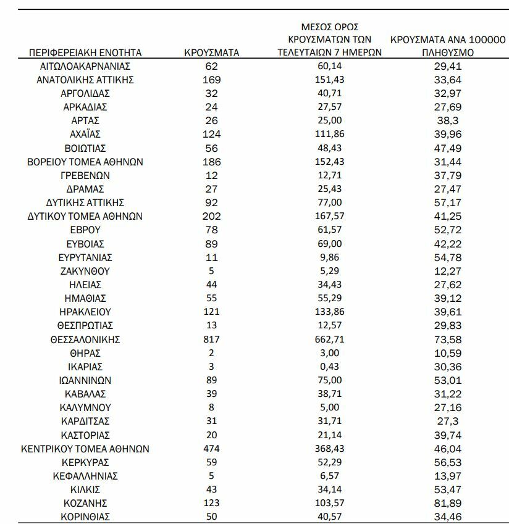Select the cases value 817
pos(212,339)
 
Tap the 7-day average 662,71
pos(329,339)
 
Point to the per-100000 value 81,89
pos(448,502)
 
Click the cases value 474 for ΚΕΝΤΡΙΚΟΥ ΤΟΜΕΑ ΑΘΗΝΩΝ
pos(212,449)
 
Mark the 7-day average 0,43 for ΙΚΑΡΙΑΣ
pos(329,367)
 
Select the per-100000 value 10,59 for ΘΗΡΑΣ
pos(448,353)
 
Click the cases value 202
pos(212,217)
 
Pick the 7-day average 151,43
pos(329,80)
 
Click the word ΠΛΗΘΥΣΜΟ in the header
pos(448,52)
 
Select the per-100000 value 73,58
pos(448,339)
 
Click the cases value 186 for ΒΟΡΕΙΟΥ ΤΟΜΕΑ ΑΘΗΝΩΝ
pos(212,162)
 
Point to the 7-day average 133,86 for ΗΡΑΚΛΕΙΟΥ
pos(329,312)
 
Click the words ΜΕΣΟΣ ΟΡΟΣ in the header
pos(329,27)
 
